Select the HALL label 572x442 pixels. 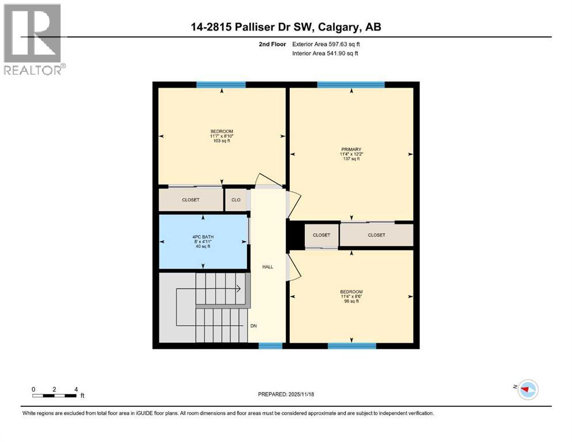pyautogui.click(x=267, y=266)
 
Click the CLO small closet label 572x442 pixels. pyautogui.click(x=236, y=200)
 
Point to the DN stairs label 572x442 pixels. pyautogui.click(x=253, y=326)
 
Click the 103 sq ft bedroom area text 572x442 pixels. pyautogui.click(x=221, y=140)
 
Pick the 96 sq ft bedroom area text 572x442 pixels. pyautogui.click(x=351, y=301)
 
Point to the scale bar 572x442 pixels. pyautogui.click(x=55, y=395)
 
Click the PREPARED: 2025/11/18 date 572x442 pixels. pyautogui.click(x=286, y=394)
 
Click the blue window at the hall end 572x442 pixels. pyautogui.click(x=270, y=346)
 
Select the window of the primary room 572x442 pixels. pyautogui.click(x=351, y=85)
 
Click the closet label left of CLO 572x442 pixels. pyautogui.click(x=191, y=200)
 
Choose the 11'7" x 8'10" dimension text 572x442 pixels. pyautogui.click(x=221, y=136)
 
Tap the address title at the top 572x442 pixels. pyautogui.click(x=286, y=27)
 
